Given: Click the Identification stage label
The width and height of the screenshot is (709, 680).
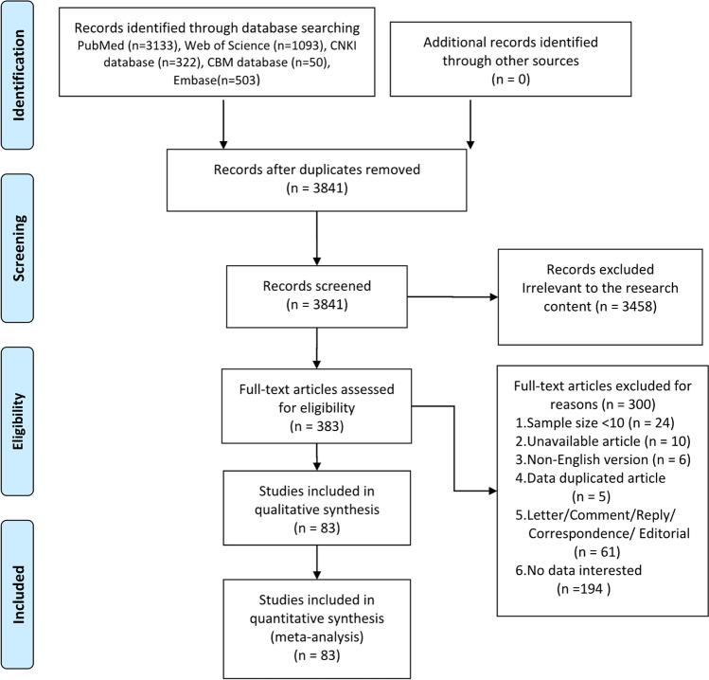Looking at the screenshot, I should [x=20, y=74].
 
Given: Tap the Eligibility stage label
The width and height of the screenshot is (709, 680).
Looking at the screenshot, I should [x=20, y=405].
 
